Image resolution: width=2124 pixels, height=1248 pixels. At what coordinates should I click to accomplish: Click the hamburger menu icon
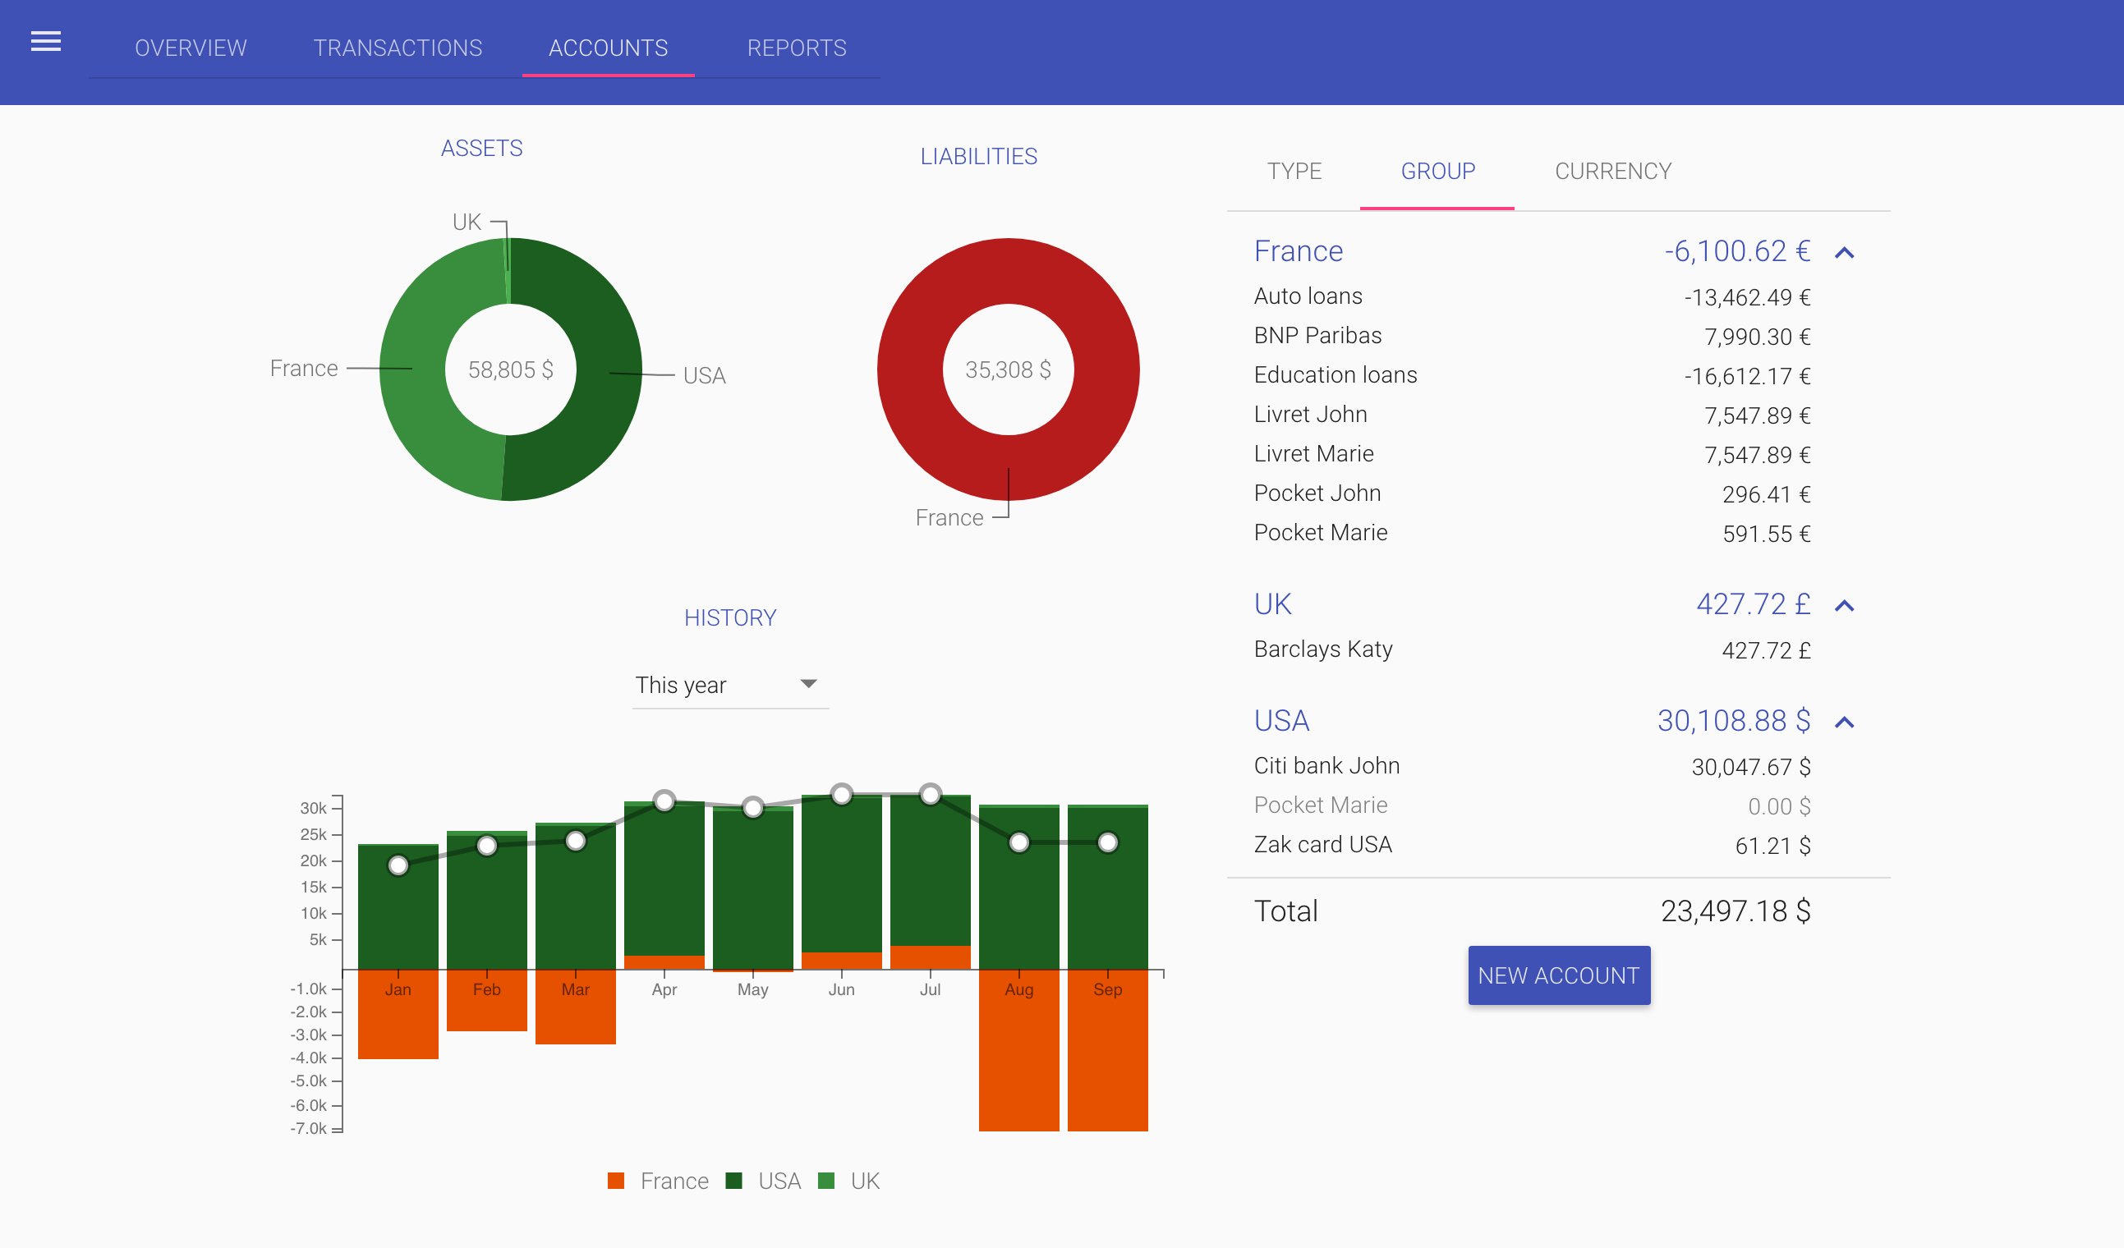click(x=45, y=41)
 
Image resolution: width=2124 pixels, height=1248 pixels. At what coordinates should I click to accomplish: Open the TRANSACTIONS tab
click(x=398, y=48)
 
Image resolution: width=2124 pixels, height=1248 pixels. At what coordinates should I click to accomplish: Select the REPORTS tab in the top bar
click(x=797, y=48)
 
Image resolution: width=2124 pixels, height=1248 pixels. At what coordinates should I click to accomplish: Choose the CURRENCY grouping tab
click(x=1612, y=171)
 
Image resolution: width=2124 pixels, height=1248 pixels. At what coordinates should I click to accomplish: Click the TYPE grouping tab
click(x=1294, y=171)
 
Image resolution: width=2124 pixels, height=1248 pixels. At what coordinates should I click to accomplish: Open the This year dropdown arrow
click(x=808, y=683)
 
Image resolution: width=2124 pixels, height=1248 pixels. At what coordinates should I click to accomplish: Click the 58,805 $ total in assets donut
click(x=510, y=369)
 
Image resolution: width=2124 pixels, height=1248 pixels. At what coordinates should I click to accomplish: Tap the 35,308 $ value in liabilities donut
click(x=1007, y=369)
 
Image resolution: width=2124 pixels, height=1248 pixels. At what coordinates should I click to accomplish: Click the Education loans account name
click(x=1335, y=375)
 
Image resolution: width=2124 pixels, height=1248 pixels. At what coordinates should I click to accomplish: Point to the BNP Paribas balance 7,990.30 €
click(x=1757, y=337)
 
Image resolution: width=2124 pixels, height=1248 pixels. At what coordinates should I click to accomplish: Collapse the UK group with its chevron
click(x=1844, y=606)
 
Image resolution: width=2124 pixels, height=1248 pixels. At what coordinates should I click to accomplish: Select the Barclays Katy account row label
click(x=1322, y=649)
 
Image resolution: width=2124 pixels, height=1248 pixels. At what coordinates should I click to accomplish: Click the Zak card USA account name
click(x=1322, y=845)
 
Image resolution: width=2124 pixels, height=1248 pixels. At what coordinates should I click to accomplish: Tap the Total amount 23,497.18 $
click(x=1735, y=911)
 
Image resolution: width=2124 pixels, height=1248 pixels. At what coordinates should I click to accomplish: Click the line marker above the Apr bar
click(x=664, y=801)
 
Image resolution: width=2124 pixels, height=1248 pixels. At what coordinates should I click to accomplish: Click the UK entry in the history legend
click(x=864, y=1181)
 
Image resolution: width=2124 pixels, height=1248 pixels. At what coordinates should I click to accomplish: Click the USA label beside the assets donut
click(x=704, y=376)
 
